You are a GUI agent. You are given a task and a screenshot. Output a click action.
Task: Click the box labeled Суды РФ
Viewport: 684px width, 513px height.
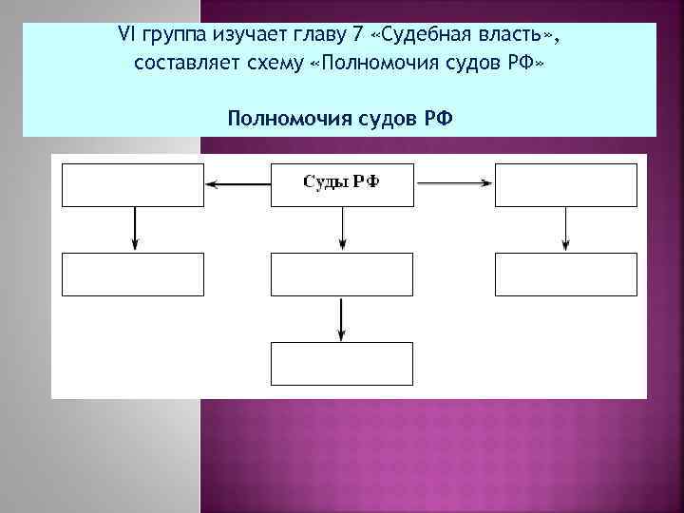point(342,184)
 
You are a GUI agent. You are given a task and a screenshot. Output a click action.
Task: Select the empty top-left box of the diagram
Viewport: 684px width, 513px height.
point(133,184)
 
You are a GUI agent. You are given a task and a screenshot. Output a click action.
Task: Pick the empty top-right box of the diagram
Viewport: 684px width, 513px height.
point(566,184)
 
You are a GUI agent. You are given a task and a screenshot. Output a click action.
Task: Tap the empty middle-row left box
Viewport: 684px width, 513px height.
point(133,275)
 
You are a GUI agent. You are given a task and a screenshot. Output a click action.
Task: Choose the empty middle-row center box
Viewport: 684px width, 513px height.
point(342,275)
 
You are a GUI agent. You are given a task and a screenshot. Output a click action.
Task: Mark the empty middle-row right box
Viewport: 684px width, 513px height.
point(566,275)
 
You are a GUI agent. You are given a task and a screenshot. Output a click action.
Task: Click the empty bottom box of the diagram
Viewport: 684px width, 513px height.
point(342,363)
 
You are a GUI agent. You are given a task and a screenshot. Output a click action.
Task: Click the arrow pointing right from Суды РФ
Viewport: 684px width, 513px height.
point(454,184)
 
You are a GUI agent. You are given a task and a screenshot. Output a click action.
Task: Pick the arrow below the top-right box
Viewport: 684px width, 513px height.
point(566,229)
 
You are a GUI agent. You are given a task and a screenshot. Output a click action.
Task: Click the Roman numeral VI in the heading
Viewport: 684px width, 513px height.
point(126,36)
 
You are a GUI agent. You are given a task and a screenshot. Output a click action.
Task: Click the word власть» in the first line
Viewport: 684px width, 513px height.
point(520,36)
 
